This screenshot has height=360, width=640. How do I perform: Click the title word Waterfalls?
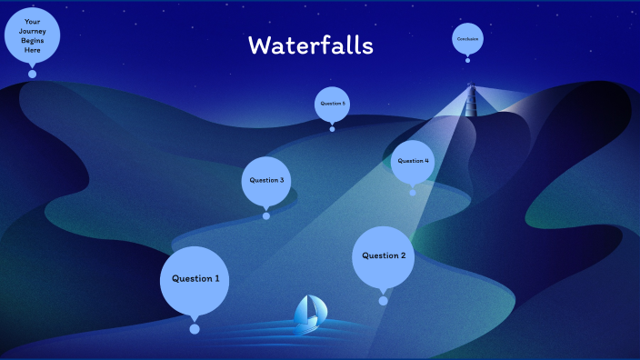pos(311,45)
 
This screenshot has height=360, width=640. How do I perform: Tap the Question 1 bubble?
pos(194,279)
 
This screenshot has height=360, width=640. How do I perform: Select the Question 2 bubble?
pos(384,255)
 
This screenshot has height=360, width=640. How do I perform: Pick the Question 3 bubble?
pos(266,181)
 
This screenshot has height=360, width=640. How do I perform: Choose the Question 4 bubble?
pos(413,161)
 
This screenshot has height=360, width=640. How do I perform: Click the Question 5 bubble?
pos(332,104)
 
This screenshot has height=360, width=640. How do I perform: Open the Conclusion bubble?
pos(467,39)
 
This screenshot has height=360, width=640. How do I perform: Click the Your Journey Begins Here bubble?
pos(32,35)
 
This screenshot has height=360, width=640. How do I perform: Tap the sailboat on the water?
pos(307,314)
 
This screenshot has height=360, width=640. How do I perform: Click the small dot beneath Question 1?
pos(194,329)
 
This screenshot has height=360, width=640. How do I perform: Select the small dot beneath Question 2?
pos(383,301)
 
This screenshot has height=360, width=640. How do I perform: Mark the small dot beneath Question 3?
pos(266,216)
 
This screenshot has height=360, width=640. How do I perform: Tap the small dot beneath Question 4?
pos(413,192)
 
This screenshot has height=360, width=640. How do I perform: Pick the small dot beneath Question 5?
pos(332,129)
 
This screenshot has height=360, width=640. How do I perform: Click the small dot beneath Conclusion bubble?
pos(467,60)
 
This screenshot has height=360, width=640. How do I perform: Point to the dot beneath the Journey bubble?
pos(32,74)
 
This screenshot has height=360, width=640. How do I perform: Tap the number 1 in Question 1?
pos(216,279)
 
